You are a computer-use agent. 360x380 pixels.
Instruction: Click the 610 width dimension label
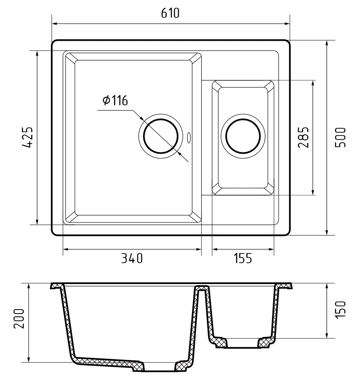point(170,13)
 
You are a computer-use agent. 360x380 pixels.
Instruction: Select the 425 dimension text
point(27,137)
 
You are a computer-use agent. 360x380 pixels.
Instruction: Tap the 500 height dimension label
point(340,137)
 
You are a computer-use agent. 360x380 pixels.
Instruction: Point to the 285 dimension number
point(303,137)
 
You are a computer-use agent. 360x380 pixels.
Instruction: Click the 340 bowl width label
point(132,258)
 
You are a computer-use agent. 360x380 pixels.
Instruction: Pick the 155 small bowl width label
point(243,258)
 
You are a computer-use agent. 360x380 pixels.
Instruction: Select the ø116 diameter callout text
point(115,100)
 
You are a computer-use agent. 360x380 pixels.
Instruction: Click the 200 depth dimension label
point(19,318)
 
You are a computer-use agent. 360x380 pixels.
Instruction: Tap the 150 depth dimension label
point(340,309)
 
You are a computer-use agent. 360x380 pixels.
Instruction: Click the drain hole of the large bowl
point(161,136)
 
